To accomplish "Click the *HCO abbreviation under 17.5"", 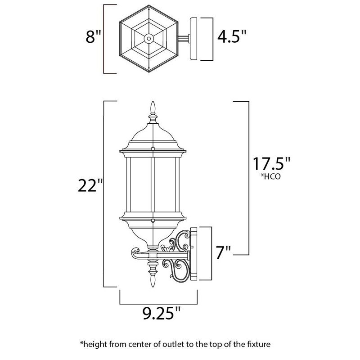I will pyautogui.click(x=270, y=176).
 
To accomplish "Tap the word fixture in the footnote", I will pyautogui.click(x=258, y=345).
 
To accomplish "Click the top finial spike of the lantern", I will pyautogui.click(x=153, y=108).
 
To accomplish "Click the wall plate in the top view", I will pyautogui.click(x=194, y=39).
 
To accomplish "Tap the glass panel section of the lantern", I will pyautogui.click(x=153, y=184).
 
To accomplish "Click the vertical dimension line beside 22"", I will pyautogui.click(x=105, y=193).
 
